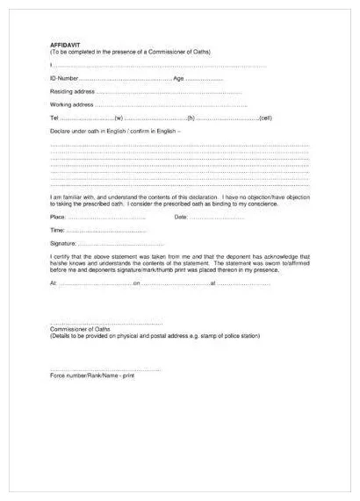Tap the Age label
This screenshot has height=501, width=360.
pos(178,78)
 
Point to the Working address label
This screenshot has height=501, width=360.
pos(72,104)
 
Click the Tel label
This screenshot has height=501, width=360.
pos(54,118)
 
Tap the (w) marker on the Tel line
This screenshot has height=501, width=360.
pos(119,118)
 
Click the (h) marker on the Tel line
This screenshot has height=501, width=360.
pos(191,118)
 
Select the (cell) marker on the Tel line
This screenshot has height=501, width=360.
pos(265,118)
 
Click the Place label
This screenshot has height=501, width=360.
pos(58,217)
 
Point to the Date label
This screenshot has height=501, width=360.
pos(181,217)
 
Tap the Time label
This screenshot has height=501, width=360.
pos(57,230)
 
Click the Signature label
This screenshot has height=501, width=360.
pos(63,243)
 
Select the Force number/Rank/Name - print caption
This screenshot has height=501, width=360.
pos(92,375)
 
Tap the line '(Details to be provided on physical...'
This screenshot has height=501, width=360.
pos(155,335)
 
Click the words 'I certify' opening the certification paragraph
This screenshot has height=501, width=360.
pos(61,255)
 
